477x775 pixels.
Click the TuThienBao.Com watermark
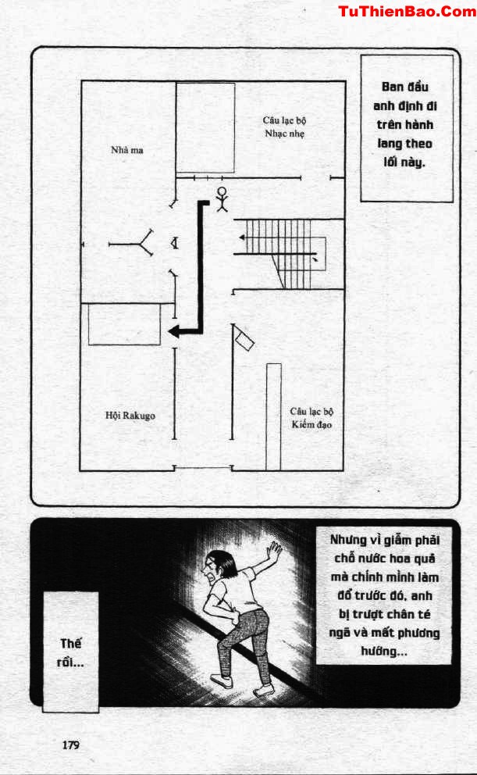pyautogui.click(x=407, y=12)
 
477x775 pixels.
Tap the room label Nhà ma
pyautogui.click(x=127, y=150)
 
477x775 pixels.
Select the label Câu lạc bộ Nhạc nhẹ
pyautogui.click(x=284, y=127)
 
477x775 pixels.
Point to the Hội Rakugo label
pyautogui.click(x=130, y=415)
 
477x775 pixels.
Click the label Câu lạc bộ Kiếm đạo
pyautogui.click(x=311, y=418)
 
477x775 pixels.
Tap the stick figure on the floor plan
pyautogui.click(x=222, y=199)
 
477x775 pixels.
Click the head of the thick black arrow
pyautogui.click(x=174, y=331)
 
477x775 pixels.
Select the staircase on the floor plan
pyautogui.click(x=279, y=254)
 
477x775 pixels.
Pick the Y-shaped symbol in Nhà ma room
pyautogui.click(x=132, y=243)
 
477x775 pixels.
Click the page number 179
pyautogui.click(x=70, y=745)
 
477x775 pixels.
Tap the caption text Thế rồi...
pyautogui.click(x=70, y=652)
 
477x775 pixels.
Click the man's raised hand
pyautogui.click(x=273, y=550)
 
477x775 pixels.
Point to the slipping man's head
pyautogui.click(x=217, y=564)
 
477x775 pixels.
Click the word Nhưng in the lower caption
pyautogui.click(x=349, y=540)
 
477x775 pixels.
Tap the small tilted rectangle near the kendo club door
pyautogui.click(x=244, y=341)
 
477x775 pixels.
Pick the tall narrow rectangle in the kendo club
pyautogui.click(x=273, y=416)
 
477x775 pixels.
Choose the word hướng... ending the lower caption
pyautogui.click(x=383, y=652)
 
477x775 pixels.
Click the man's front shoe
pyautogui.click(x=221, y=680)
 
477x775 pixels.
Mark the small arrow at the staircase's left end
pyautogui.click(x=243, y=237)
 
